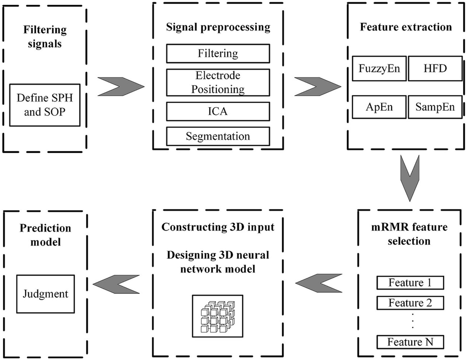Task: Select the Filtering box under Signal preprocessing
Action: click(x=218, y=53)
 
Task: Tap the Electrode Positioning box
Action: click(x=218, y=82)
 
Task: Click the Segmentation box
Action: click(x=218, y=136)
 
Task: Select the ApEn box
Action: click(x=379, y=107)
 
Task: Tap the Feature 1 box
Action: click(x=410, y=283)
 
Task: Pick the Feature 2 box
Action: click(x=410, y=302)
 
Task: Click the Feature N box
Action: click(x=410, y=342)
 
